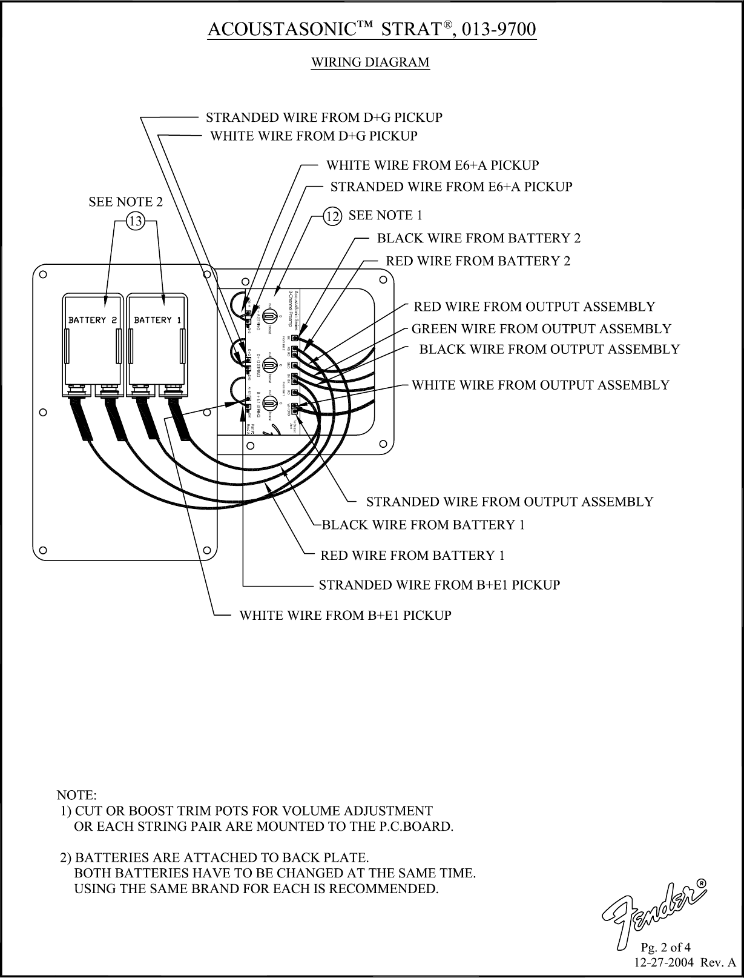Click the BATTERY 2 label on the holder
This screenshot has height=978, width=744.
[93, 319]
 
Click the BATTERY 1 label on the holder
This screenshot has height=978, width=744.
[157, 319]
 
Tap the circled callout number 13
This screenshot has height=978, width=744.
[134, 222]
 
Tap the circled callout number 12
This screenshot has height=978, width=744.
[331, 216]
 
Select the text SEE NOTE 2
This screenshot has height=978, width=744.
[126, 202]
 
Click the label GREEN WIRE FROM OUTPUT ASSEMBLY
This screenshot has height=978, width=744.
[541, 329]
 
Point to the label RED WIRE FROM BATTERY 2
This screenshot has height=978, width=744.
[478, 261]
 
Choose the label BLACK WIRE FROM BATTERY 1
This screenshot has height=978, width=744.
[423, 525]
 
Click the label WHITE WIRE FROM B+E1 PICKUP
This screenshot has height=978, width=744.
[345, 616]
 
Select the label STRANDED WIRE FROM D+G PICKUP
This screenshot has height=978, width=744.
[324, 117]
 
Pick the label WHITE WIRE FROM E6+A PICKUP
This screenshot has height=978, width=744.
[432, 165]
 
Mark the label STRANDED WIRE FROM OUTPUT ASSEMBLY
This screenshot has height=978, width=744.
[510, 502]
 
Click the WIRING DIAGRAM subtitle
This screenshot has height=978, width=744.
[370, 62]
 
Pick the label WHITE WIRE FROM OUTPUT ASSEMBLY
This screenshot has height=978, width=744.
[540, 385]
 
